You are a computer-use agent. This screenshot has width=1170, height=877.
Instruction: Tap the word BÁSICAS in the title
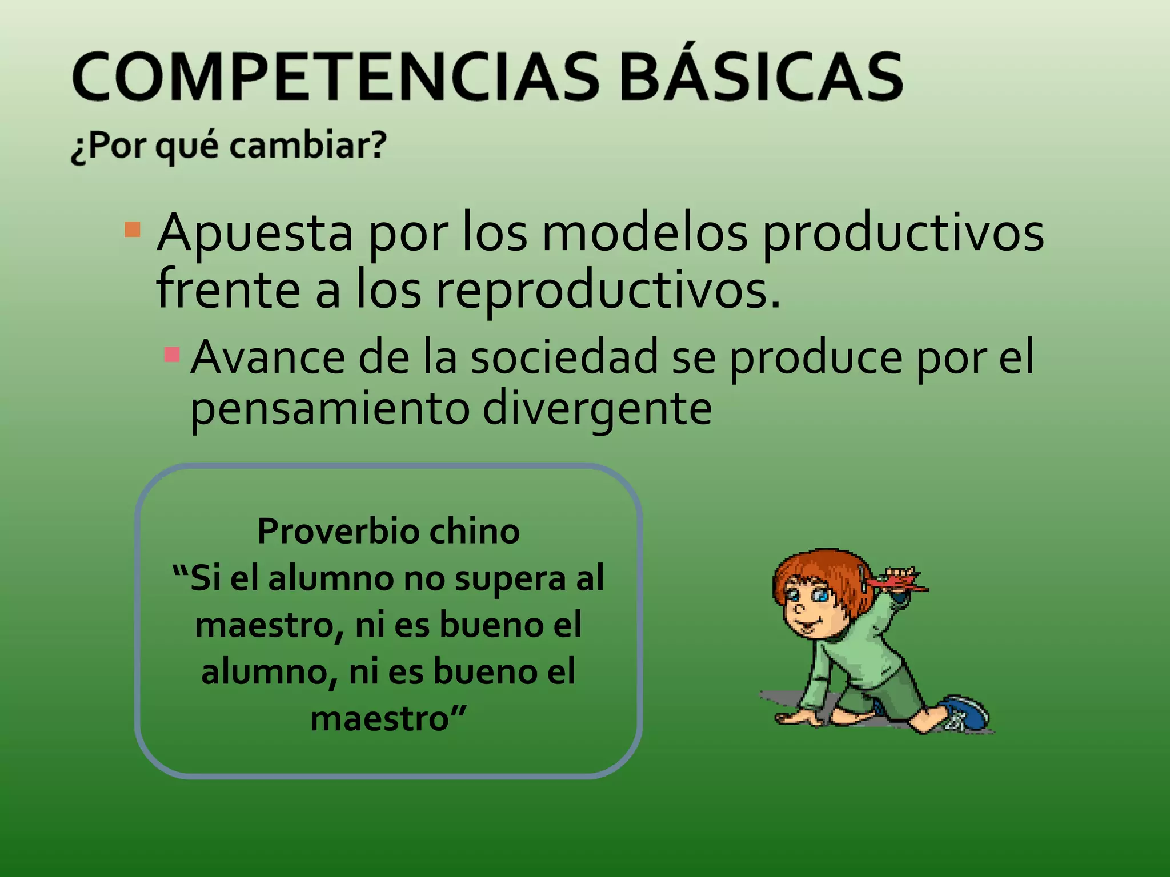(x=761, y=77)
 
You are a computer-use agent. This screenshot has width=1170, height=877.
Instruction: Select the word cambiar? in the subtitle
(x=308, y=145)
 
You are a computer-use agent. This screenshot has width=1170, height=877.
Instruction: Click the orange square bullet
(x=133, y=230)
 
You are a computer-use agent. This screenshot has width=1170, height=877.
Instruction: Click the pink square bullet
(x=172, y=355)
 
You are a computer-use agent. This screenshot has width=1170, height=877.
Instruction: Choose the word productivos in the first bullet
(x=903, y=233)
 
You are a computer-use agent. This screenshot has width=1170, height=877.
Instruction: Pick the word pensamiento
(x=330, y=409)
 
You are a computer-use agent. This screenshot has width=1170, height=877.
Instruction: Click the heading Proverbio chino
(x=388, y=531)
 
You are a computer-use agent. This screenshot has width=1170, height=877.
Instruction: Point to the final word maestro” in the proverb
(x=388, y=718)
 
